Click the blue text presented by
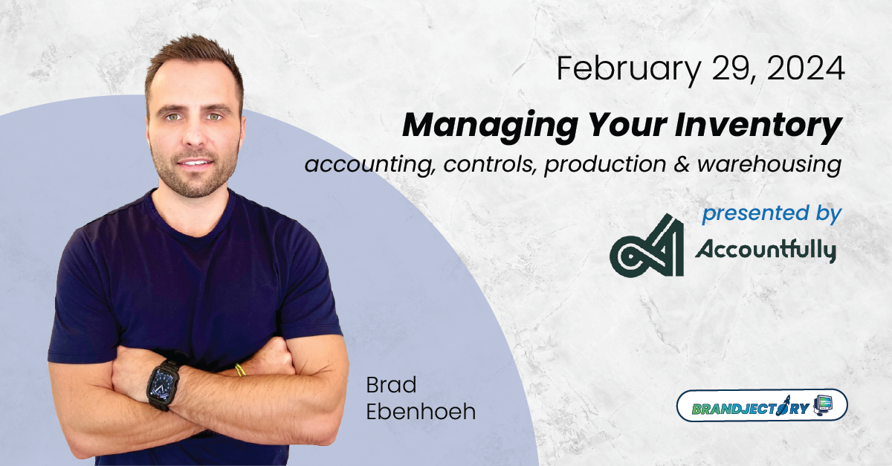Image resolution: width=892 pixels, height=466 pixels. pyautogui.click(x=772, y=214)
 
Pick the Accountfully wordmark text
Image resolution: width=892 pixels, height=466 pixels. pyautogui.click(x=765, y=250)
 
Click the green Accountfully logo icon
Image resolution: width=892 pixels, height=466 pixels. pyautogui.click(x=645, y=245)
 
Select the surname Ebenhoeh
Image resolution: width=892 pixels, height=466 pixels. pyautogui.click(x=420, y=412)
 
